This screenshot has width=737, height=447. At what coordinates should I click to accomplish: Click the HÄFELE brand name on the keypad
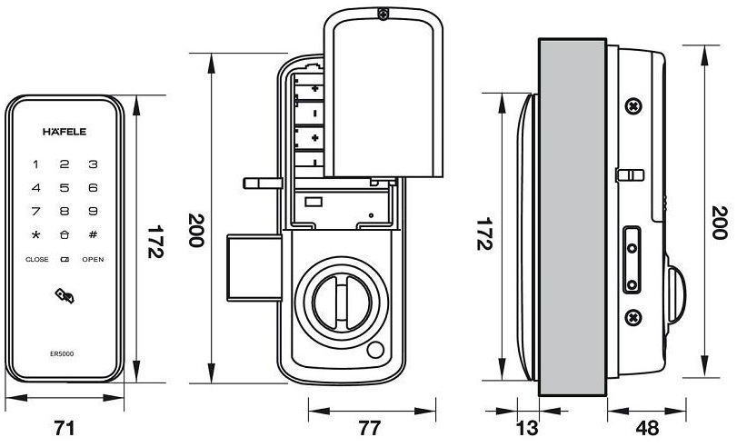[x=65, y=131]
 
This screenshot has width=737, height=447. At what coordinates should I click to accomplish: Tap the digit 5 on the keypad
[x=65, y=188]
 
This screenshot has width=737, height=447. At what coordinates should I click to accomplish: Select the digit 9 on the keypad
[x=93, y=212]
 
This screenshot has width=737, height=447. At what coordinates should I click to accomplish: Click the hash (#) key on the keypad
[x=93, y=235]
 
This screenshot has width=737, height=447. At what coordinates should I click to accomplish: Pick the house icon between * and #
[x=65, y=235]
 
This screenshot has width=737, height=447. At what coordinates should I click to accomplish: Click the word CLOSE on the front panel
[x=37, y=260]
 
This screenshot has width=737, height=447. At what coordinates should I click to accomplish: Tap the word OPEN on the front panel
[x=93, y=260]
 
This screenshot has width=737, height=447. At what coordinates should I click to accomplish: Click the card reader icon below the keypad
[x=65, y=294]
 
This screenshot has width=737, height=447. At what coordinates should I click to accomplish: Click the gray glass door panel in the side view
[x=573, y=218]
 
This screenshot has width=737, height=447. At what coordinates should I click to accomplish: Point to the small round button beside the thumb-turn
[x=373, y=353]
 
